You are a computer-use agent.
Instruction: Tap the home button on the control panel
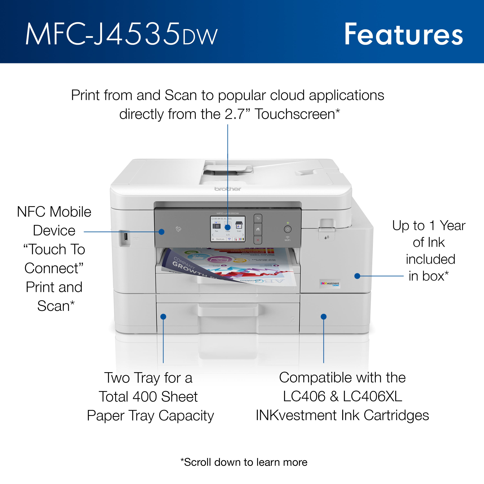click(x=258, y=229)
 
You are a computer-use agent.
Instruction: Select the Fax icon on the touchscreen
click(x=217, y=227)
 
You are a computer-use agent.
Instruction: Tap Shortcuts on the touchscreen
click(x=219, y=239)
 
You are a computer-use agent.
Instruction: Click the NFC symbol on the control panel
click(x=178, y=229)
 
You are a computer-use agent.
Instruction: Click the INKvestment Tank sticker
click(x=330, y=284)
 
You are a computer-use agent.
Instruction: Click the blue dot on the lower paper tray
click(x=163, y=317)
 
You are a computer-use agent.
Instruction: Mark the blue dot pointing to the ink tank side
click(x=357, y=276)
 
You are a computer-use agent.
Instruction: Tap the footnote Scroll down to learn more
click(x=244, y=462)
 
